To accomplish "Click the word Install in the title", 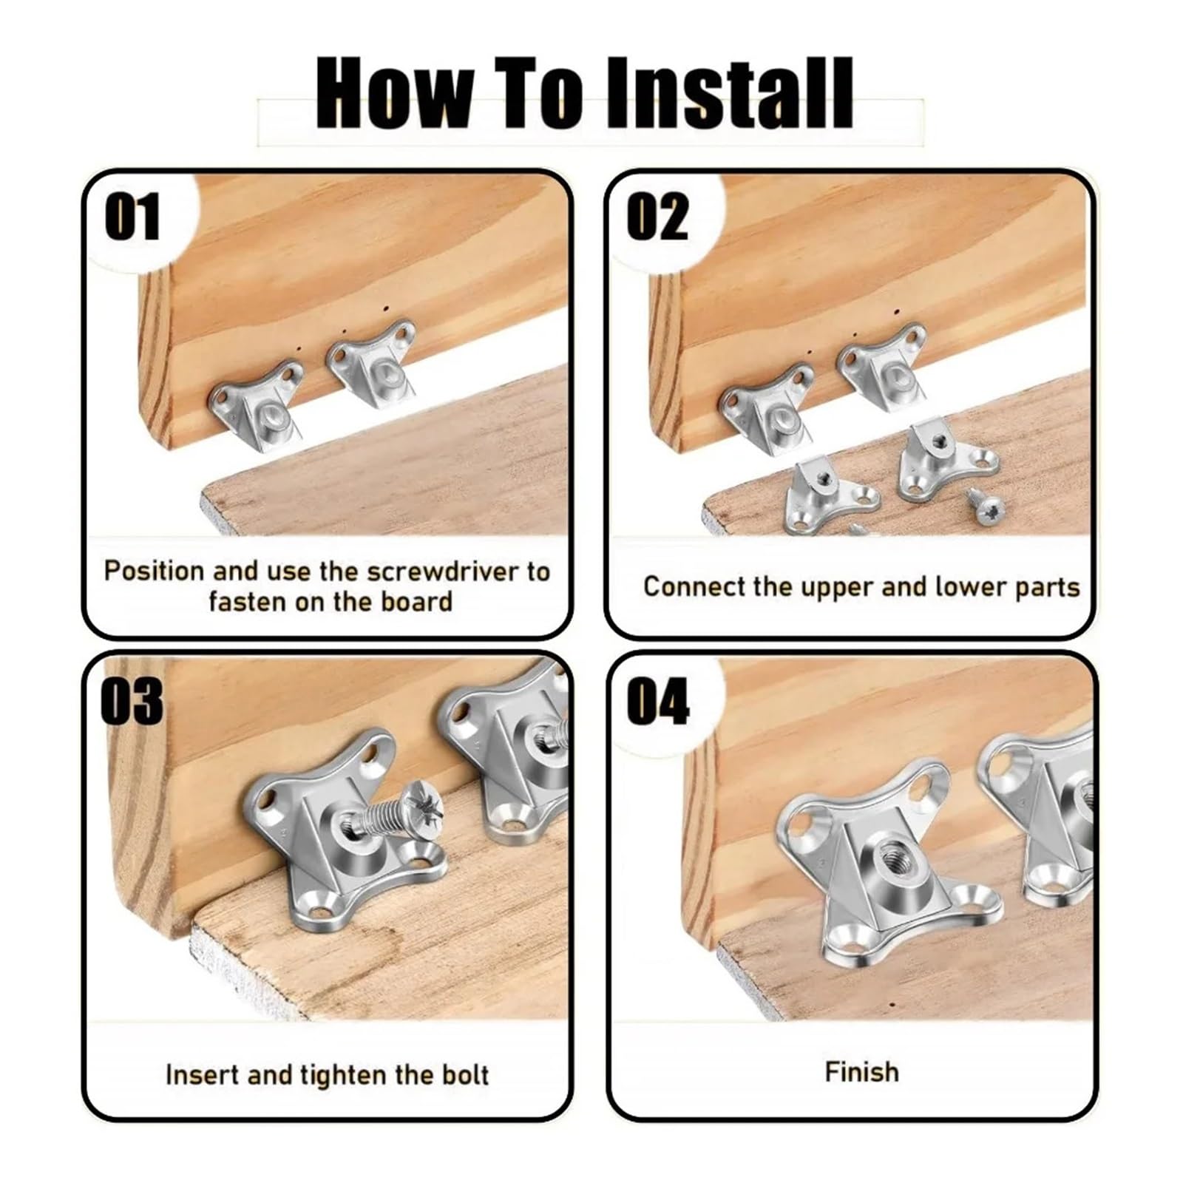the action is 730,93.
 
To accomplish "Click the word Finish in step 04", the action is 862,1071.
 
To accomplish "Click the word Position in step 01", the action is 154,572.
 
